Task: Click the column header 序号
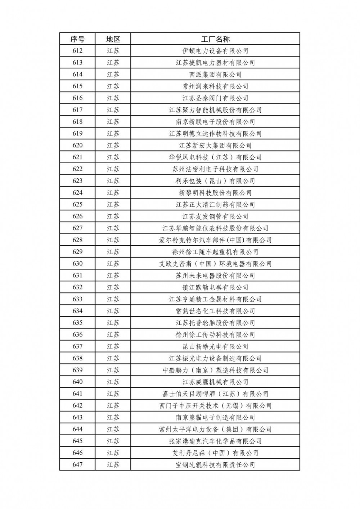[77, 39]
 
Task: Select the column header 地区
[113, 39]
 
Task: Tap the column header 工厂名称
[215, 39]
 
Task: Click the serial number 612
[77, 51]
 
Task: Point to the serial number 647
[77, 464]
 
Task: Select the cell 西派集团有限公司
[215, 74]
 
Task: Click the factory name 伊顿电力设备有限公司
[215, 51]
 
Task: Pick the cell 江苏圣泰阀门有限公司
[215, 98]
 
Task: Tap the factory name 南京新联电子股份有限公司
[215, 122]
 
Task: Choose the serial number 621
[77, 157]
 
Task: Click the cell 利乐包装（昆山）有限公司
[215, 181]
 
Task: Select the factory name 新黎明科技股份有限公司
[215, 193]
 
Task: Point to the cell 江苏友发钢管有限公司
[215, 216]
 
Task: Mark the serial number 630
[77, 264]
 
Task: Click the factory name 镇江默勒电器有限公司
[215, 287]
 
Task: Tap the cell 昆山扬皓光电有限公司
[215, 346]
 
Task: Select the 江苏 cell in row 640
[113, 382]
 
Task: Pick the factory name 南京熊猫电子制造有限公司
[215, 417]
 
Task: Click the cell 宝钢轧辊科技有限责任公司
[215, 464]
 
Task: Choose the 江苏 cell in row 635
[113, 323]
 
